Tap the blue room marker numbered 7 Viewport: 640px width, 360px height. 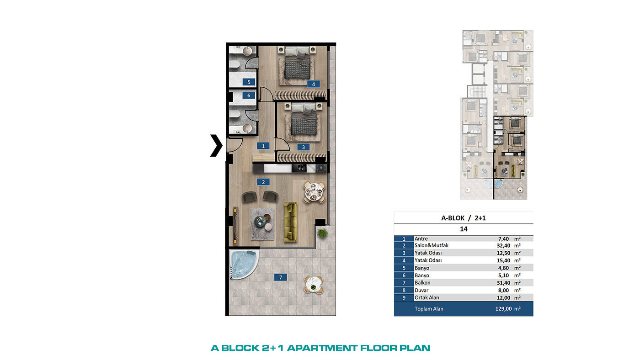280,277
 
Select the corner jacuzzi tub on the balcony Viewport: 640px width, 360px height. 243,265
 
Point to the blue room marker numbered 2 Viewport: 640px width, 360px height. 263,182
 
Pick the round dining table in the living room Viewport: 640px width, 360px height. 314,192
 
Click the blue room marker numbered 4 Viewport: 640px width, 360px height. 314,84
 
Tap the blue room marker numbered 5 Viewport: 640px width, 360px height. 249,82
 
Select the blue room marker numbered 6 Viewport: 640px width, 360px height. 249,95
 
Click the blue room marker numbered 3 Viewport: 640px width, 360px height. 304,147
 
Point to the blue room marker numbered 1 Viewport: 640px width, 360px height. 263,146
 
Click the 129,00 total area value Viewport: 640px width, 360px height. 503,309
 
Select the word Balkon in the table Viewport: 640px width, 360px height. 422,283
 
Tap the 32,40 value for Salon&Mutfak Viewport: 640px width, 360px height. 503,245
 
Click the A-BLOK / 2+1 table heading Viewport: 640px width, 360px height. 464,218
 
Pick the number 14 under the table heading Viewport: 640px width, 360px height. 464,229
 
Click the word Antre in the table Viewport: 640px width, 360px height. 421,238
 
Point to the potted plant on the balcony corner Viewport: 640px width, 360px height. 322,233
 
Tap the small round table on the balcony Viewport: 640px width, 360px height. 314,284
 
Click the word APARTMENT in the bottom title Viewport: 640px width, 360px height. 322,348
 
